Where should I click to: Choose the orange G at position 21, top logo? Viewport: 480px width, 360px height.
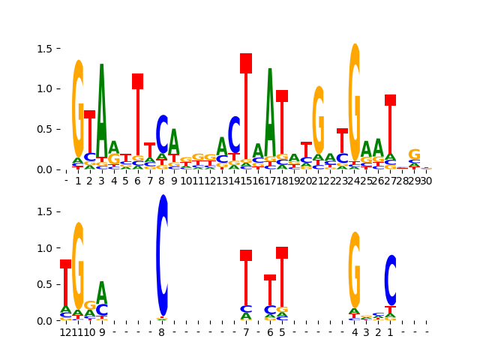(x=319, y=120)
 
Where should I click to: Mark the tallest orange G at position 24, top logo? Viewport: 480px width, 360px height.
(x=355, y=97)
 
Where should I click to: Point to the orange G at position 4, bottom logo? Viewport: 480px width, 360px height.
(x=355, y=270)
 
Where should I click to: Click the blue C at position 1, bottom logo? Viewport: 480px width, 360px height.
(x=390, y=280)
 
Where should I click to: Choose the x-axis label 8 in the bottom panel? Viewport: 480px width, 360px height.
(x=162, y=332)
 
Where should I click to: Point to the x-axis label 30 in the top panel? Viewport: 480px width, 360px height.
(x=425, y=181)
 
